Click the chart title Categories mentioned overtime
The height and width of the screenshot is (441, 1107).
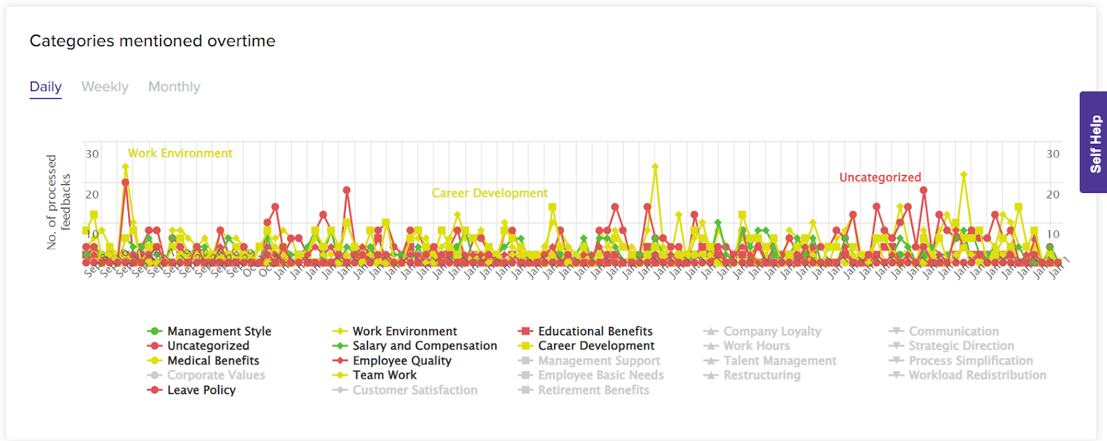[x=152, y=41]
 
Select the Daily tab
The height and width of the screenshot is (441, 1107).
[x=46, y=87]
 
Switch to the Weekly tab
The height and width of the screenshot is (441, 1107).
[x=105, y=87]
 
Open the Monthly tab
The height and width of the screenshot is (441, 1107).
[x=174, y=87]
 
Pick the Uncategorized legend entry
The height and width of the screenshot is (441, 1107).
[x=208, y=346]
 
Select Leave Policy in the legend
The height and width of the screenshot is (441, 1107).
[x=201, y=391]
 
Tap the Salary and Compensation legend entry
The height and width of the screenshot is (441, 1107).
[x=424, y=346]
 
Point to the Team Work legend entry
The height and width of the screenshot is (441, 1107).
[x=385, y=375]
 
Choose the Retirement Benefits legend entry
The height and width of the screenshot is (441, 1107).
[x=594, y=391]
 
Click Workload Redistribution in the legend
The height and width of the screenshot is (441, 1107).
[x=977, y=375]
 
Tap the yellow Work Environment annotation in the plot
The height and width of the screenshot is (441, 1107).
[x=180, y=153]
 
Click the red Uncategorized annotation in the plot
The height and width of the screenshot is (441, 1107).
[x=880, y=178]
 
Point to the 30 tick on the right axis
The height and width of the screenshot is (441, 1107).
[x=1052, y=154]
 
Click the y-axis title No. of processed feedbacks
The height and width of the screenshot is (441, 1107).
[x=58, y=202]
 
